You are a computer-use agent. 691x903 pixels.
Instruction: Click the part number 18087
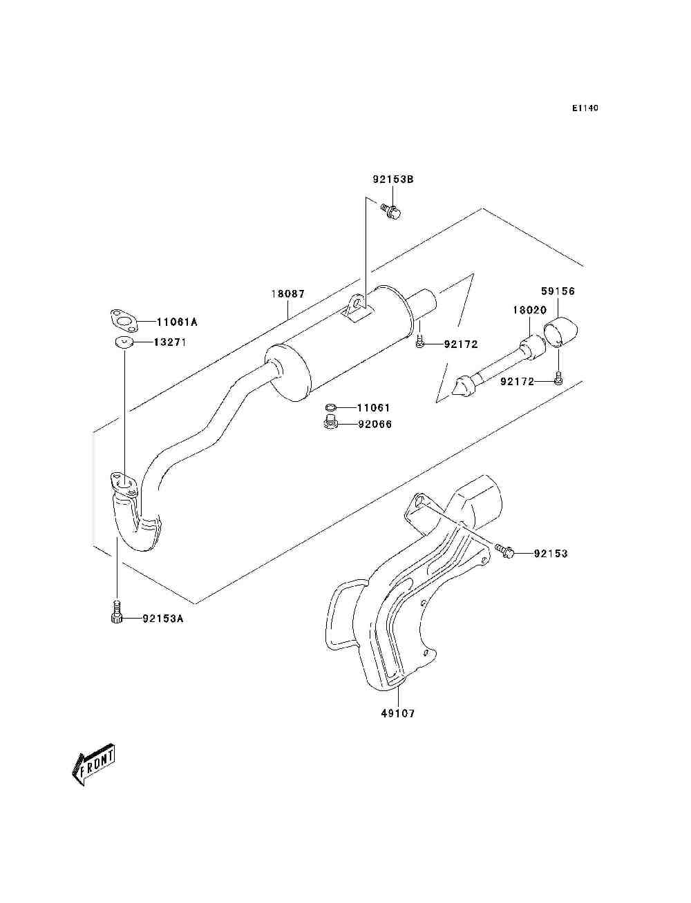point(288,293)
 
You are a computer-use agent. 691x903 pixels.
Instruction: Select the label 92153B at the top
point(393,179)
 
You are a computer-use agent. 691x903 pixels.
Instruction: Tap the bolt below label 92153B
point(391,211)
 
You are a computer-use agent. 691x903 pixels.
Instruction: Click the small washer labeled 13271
point(123,342)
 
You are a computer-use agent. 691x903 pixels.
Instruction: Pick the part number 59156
point(558,291)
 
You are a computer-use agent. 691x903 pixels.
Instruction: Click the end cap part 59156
point(561,333)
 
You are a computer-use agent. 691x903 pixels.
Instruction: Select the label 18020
point(529,310)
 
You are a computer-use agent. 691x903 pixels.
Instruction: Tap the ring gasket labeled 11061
point(331,407)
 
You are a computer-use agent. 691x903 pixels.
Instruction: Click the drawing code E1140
point(585,108)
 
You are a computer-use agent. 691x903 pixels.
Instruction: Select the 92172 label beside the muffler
point(461,344)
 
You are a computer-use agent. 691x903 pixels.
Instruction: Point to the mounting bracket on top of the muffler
point(357,308)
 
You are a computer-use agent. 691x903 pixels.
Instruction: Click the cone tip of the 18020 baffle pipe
point(462,387)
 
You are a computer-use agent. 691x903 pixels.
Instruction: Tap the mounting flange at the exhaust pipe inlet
point(124,484)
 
